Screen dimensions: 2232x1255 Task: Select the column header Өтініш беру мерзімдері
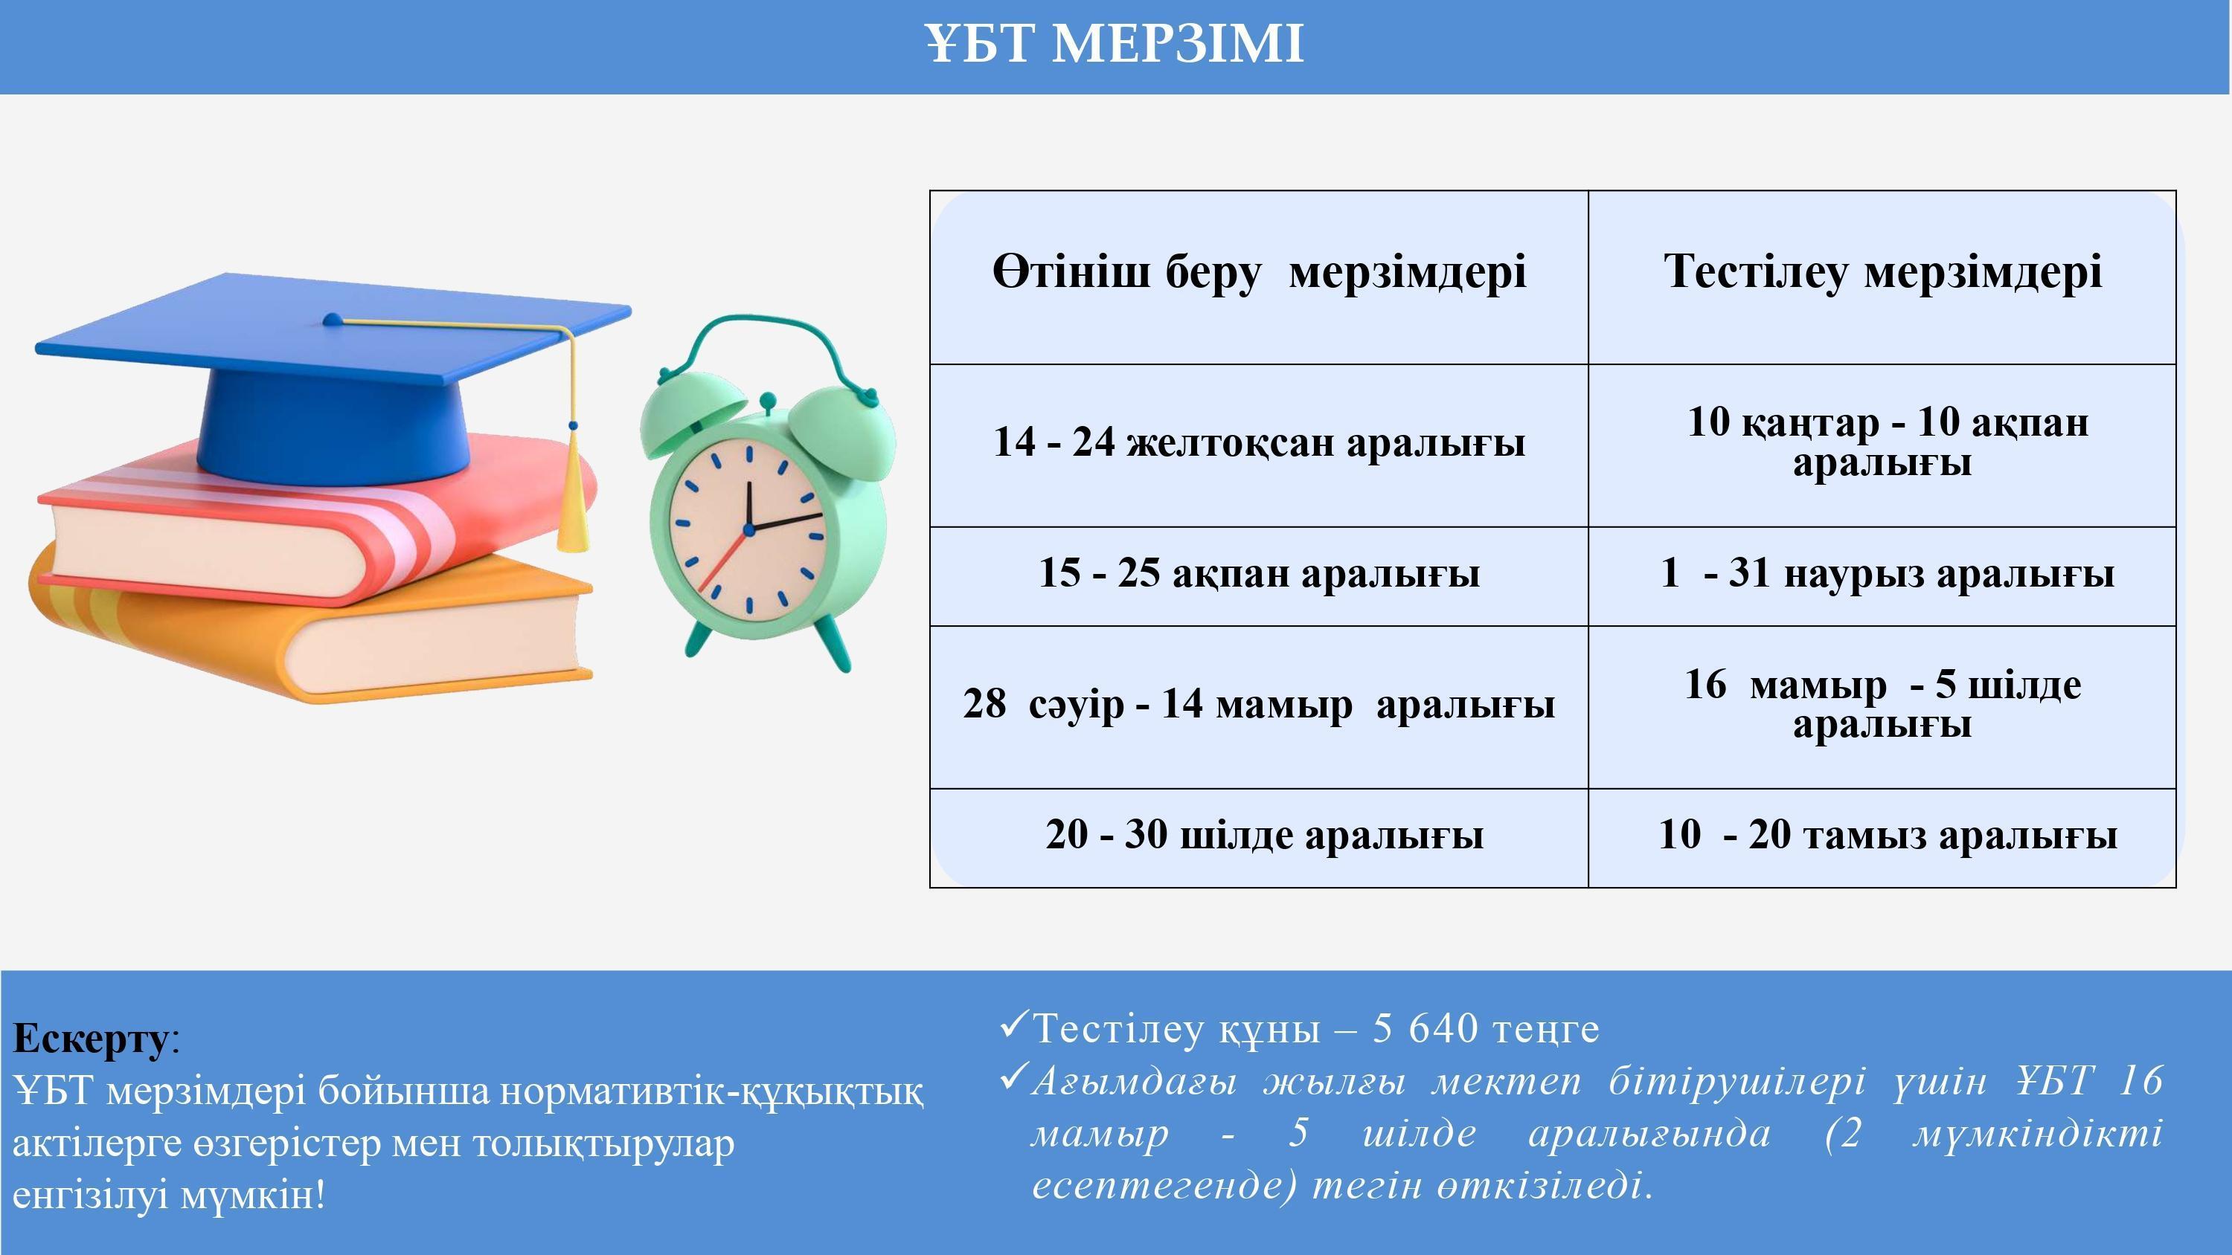pyautogui.click(x=1259, y=273)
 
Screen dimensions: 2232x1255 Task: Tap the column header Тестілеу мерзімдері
pyautogui.click(x=1883, y=273)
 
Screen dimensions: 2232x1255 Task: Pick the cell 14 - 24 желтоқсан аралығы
pyautogui.click(x=1259, y=442)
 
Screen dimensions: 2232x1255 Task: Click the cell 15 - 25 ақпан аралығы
pyautogui.click(x=1259, y=573)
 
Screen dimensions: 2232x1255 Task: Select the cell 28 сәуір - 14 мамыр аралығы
pyautogui.click(x=1259, y=705)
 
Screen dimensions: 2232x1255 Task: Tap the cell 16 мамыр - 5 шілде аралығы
pyautogui.click(x=1883, y=705)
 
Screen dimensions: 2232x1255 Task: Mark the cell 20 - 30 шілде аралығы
pyautogui.click(x=1264, y=836)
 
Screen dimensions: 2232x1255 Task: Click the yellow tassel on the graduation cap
pyautogui.click(x=572, y=489)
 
